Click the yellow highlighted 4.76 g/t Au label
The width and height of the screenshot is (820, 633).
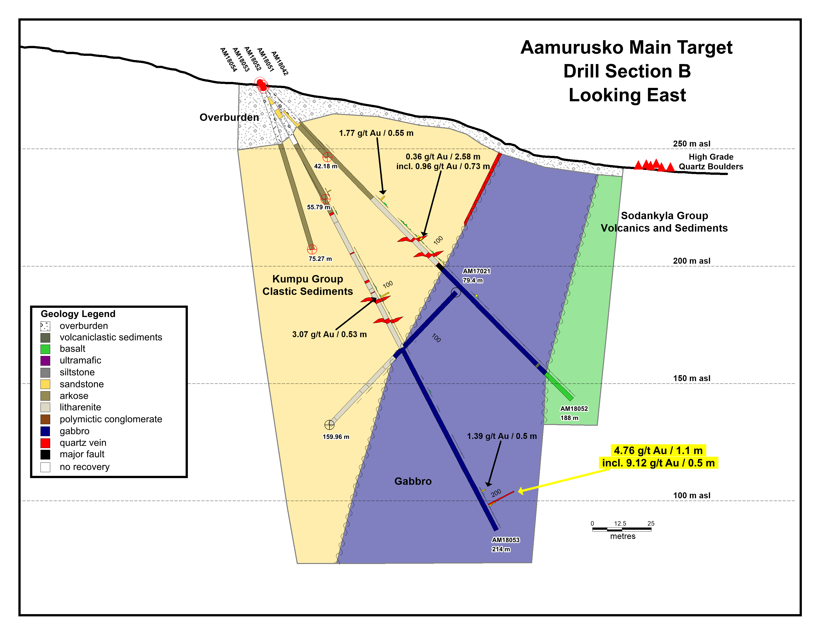tap(658, 450)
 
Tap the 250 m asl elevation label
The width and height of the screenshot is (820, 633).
tap(691, 144)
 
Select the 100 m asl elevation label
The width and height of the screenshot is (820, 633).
tap(691, 495)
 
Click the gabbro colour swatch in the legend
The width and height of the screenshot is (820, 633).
tap(45, 431)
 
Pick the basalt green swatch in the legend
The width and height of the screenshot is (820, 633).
tap(45, 349)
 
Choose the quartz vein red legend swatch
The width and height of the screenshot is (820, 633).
tap(45, 443)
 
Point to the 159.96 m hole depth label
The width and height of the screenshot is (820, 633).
tap(336, 437)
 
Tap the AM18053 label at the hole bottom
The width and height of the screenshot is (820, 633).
tap(505, 540)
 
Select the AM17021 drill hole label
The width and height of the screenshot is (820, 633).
tap(476, 271)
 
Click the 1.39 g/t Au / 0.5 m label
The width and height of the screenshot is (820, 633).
tap(502, 436)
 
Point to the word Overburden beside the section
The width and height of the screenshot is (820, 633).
tap(229, 117)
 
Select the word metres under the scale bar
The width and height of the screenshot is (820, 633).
tap(622, 536)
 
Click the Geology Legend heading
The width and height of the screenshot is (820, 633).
tap(78, 314)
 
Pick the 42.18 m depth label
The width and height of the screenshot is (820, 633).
tap(326, 166)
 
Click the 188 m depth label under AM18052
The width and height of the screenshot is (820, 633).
tap(569, 418)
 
